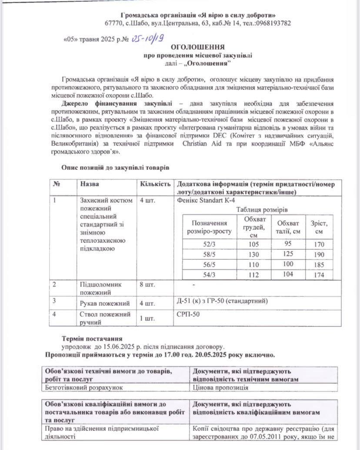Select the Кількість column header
coord(155,184)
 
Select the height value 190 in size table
coord(319,255)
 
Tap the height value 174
coord(319,275)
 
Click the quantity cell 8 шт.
coord(147,285)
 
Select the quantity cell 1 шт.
coord(147,319)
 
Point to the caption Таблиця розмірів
coord(261,209)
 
